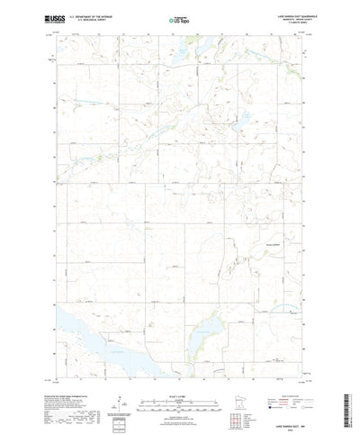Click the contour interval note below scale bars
pos(179,410)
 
